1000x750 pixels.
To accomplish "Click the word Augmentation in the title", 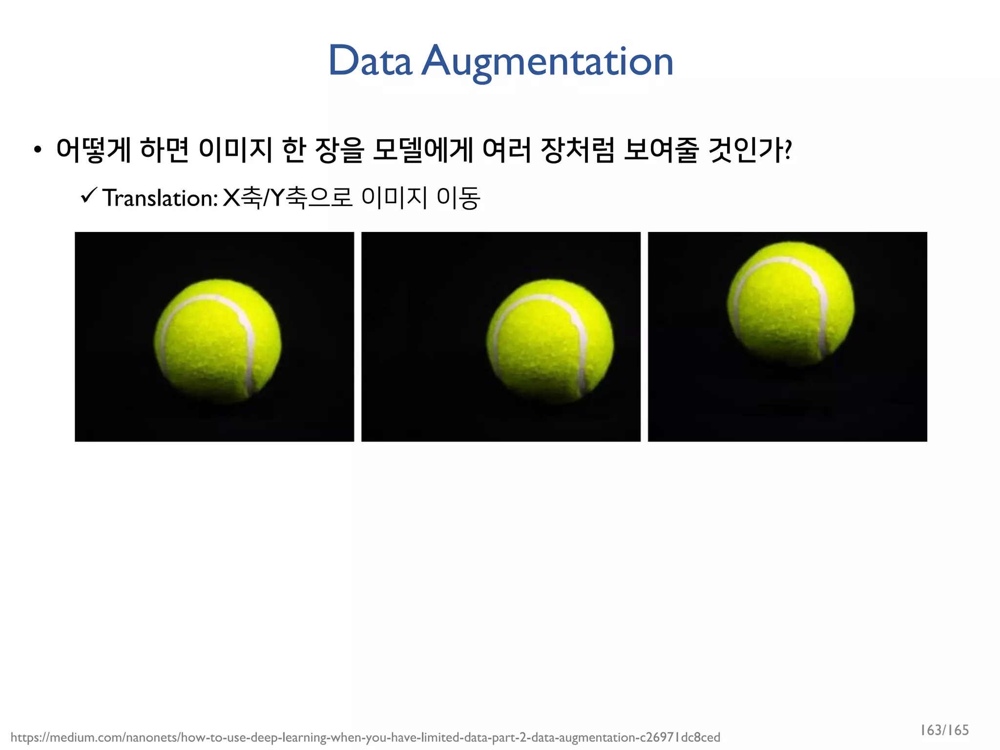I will click(547, 62).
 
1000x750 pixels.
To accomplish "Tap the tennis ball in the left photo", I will click(218, 340).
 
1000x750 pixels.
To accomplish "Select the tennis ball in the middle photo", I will click(550, 340).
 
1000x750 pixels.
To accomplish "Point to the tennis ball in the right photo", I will click(791, 303).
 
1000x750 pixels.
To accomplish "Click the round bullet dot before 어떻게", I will click(38, 150).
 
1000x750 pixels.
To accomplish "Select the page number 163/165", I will click(944, 730).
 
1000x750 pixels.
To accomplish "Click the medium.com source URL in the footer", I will click(365, 737).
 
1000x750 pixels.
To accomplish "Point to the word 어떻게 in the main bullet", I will click(93, 149).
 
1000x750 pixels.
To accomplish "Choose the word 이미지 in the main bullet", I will click(235, 149).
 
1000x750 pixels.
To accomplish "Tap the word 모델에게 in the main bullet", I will click(422, 149).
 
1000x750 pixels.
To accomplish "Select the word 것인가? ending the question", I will click(750, 149).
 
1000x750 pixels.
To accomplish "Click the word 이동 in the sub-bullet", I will click(458, 198).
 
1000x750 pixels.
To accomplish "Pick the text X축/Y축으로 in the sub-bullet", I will click(288, 198).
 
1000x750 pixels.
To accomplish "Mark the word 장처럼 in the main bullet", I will click(578, 149).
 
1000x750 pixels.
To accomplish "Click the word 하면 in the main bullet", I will click(164, 149).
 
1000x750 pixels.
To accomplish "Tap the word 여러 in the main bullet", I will click(506, 149).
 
